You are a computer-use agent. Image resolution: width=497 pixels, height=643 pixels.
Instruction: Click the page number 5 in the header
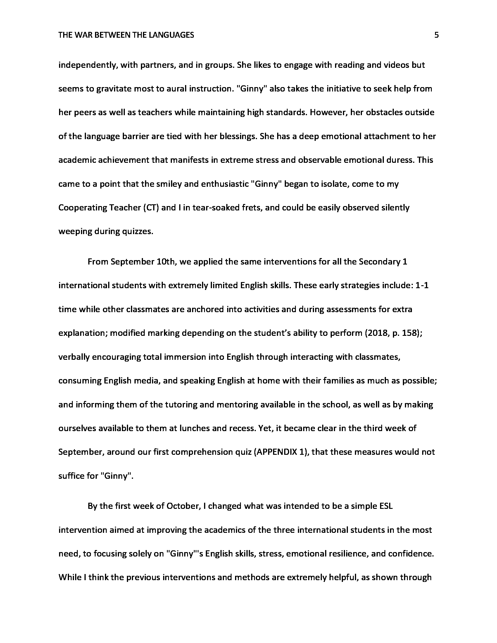click(x=436, y=35)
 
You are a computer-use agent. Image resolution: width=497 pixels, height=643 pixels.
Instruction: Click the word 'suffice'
click(x=71, y=476)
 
